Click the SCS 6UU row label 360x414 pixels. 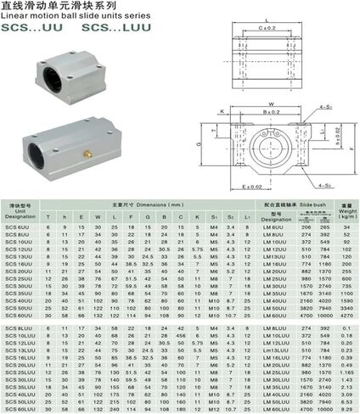tap(19, 227)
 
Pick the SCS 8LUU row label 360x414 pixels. tap(19, 327)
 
